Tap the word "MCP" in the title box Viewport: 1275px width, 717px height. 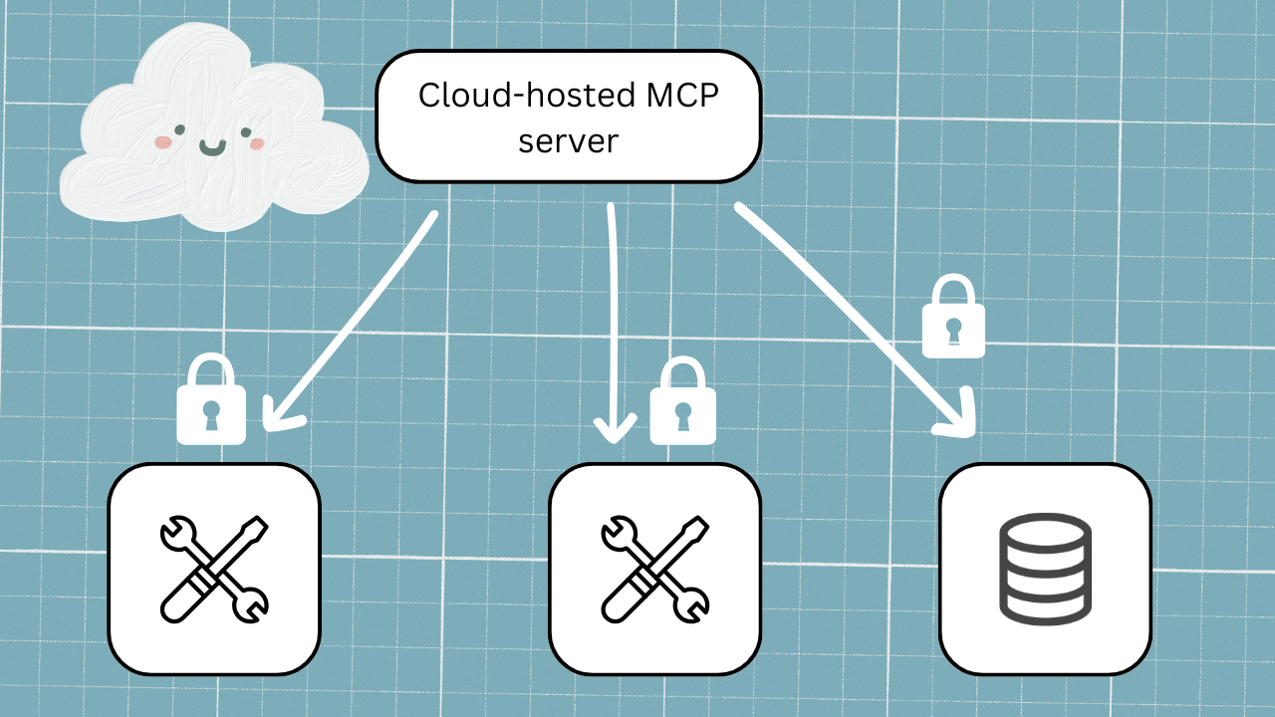pyautogui.click(x=684, y=96)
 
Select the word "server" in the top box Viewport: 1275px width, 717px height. pyautogui.click(x=569, y=140)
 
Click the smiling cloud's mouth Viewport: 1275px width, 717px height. pyautogui.click(x=212, y=148)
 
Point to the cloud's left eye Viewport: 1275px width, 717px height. pyautogui.click(x=179, y=129)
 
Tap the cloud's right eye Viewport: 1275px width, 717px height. pyautogui.click(x=246, y=131)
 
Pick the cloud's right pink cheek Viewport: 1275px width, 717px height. pyautogui.click(x=257, y=144)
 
